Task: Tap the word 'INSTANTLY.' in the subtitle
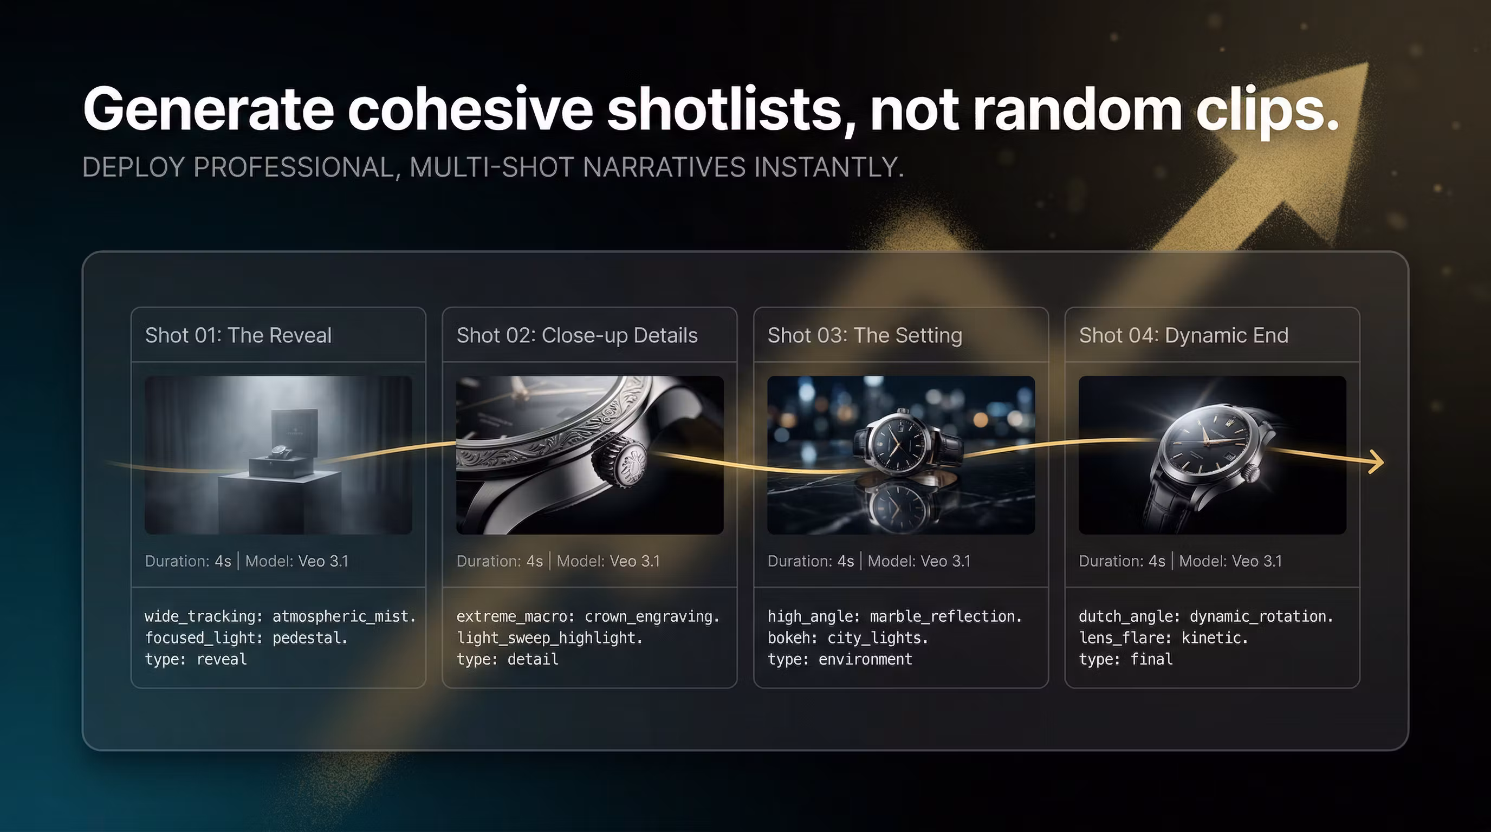pos(829,167)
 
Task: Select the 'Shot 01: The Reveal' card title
pos(238,335)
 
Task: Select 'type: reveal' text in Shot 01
pos(196,659)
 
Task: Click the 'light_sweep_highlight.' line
pos(549,638)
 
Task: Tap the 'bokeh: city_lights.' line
pos(847,638)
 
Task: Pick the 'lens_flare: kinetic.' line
pos(1163,638)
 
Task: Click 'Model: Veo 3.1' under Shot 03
pos(919,561)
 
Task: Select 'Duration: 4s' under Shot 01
pos(188,561)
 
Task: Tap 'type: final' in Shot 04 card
pos(1126,659)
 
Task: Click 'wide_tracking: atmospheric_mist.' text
pos(280,616)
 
